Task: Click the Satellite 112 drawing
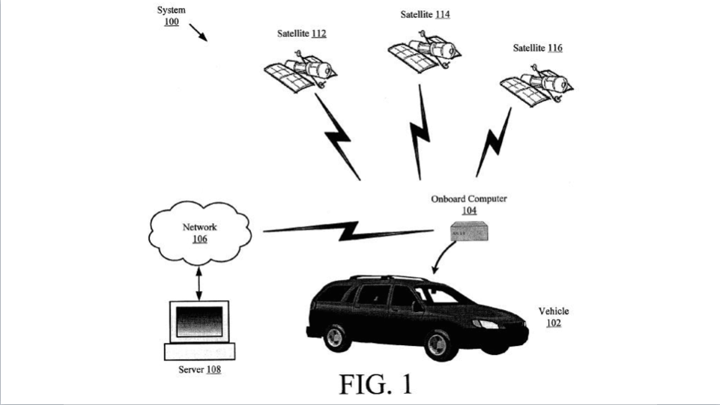tap(300, 72)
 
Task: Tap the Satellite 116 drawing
tap(536, 86)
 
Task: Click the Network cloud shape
tap(200, 233)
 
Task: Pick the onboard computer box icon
tap(469, 231)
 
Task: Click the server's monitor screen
tap(199, 321)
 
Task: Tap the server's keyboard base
tap(200, 351)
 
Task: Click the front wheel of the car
tap(438, 344)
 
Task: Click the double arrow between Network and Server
tap(199, 284)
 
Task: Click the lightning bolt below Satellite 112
tap(337, 137)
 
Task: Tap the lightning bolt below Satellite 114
tap(420, 132)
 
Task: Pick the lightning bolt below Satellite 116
tap(494, 142)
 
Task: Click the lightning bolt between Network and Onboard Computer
tap(348, 231)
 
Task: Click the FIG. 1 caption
tap(376, 384)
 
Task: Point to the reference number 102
tap(554, 323)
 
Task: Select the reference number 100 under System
tap(172, 22)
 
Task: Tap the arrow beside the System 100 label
tap(199, 33)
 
